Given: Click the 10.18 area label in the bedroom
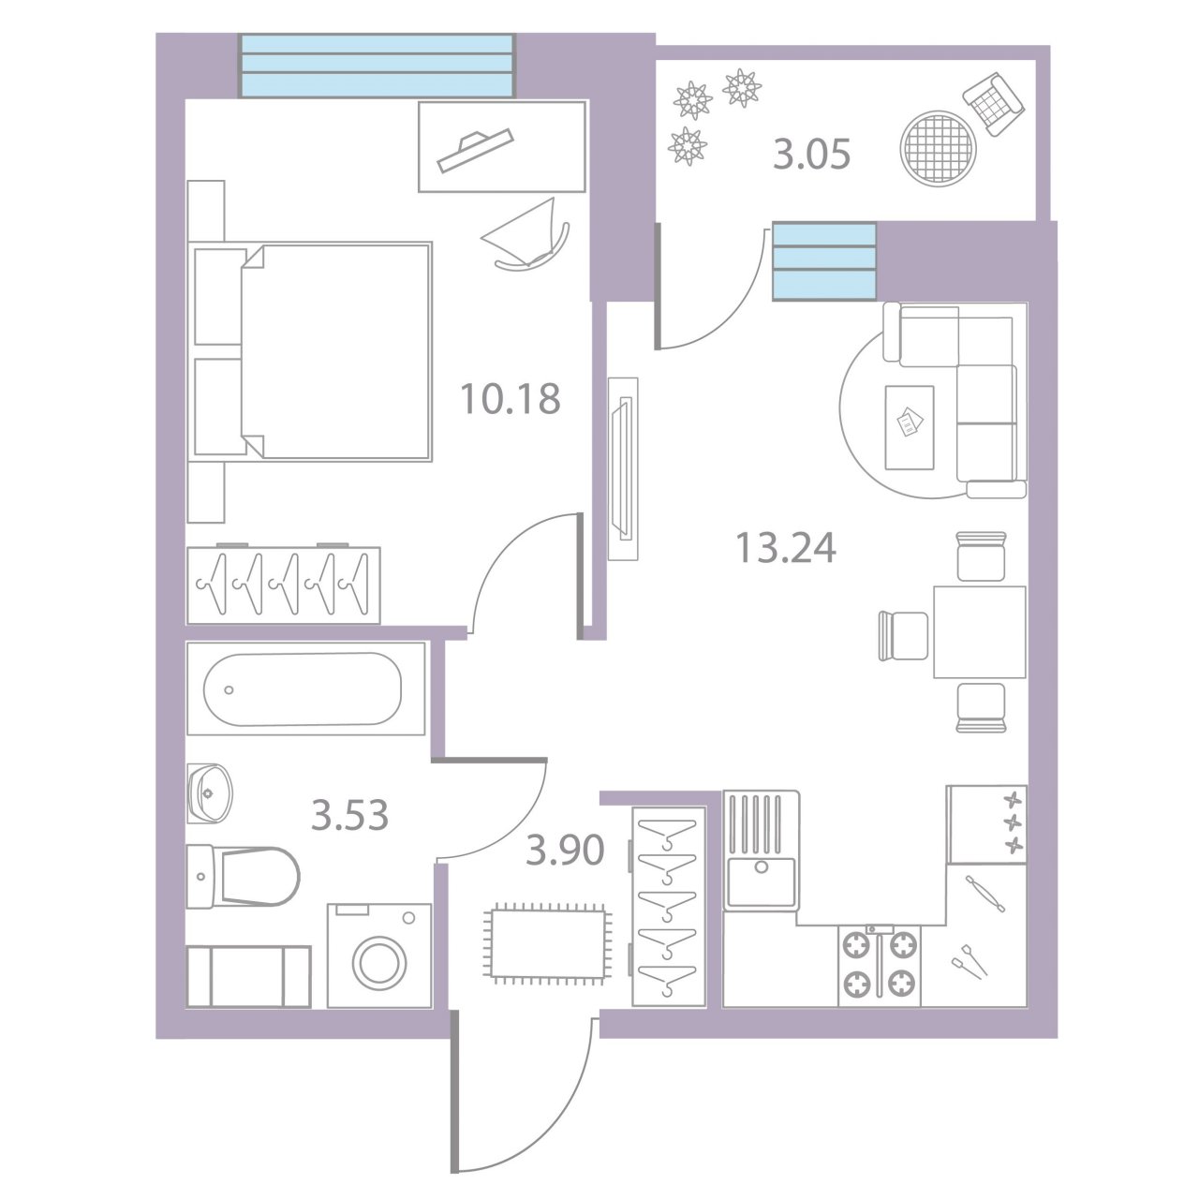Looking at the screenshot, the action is pyautogui.click(x=511, y=399).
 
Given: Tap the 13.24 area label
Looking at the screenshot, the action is pyautogui.click(x=786, y=548).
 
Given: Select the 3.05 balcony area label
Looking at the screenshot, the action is pyautogui.click(x=811, y=155).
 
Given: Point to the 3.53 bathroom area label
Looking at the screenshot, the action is pyautogui.click(x=349, y=816).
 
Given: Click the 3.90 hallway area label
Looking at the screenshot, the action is pyautogui.click(x=565, y=850).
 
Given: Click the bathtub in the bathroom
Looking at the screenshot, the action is pyautogui.click(x=305, y=688).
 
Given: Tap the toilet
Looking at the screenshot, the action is pyautogui.click(x=243, y=877).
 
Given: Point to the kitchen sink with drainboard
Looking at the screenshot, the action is pyautogui.click(x=761, y=851).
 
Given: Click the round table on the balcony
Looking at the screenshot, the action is pyautogui.click(x=938, y=147).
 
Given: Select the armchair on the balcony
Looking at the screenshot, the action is pyautogui.click(x=994, y=104).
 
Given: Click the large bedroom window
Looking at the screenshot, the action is pyautogui.click(x=377, y=66).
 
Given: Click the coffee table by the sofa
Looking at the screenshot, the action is pyautogui.click(x=909, y=427).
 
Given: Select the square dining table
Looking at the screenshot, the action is pyautogui.click(x=980, y=632).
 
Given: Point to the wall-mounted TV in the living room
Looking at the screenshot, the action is pyautogui.click(x=623, y=468).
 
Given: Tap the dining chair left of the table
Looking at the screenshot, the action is pyautogui.click(x=903, y=635).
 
